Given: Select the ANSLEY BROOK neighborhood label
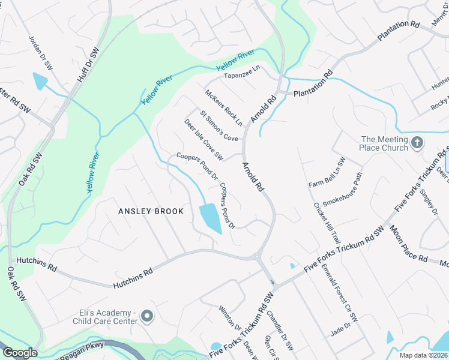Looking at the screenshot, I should tap(151, 211).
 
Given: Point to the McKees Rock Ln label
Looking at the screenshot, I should tap(223, 107).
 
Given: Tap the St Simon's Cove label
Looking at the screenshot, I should tap(219, 125).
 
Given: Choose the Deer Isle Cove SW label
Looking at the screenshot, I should tap(204, 140).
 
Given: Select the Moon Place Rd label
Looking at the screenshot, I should tap(408, 243).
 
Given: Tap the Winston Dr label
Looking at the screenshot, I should tap(230, 317).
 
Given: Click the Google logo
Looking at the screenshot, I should tap(20, 353).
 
